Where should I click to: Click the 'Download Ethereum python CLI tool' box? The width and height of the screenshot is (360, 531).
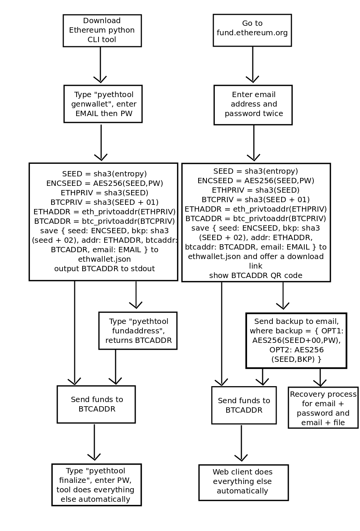pyautogui.click(x=102, y=31)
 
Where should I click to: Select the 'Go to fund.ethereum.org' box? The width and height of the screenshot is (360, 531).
pyautogui.click(x=252, y=30)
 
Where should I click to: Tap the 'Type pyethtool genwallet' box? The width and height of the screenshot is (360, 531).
pyautogui.click(x=103, y=104)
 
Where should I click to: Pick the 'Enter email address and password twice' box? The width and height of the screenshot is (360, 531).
pyautogui.click(x=253, y=105)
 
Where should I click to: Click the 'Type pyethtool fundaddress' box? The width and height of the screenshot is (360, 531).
pyautogui.click(x=138, y=331)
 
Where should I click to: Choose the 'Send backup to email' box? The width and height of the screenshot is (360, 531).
pyautogui.click(x=296, y=341)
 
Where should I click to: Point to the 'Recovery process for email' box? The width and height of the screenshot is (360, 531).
pyautogui.click(x=323, y=408)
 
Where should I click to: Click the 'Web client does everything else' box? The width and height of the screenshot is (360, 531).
pyautogui.click(x=243, y=482)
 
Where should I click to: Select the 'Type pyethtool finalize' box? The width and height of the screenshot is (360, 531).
pyautogui.click(x=96, y=485)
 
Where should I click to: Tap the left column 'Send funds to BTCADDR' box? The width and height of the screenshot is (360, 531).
pyautogui.click(x=96, y=404)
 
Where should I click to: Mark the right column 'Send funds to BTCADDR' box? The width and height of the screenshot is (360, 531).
pyautogui.click(x=244, y=405)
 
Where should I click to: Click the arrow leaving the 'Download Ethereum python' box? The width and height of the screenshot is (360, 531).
pyautogui.click(x=100, y=64)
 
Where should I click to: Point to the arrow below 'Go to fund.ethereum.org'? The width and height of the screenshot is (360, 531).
pyautogui.click(x=252, y=64)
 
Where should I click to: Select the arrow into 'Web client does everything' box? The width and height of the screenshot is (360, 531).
pyautogui.click(x=241, y=444)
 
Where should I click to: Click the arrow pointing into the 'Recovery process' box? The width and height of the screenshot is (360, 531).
pyautogui.click(x=320, y=378)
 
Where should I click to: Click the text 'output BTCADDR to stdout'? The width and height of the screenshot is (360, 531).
pyautogui.click(x=104, y=269)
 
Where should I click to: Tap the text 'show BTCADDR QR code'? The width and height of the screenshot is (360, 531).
pyautogui.click(x=255, y=275)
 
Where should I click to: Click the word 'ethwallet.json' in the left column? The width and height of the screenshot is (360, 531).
pyautogui.click(x=104, y=259)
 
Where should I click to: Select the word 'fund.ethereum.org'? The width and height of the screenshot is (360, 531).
pyautogui.click(x=252, y=33)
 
